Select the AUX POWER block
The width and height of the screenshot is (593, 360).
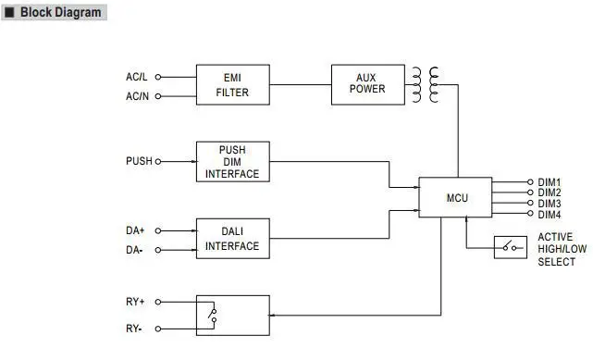[370, 83]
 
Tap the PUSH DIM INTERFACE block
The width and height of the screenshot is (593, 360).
[232, 161]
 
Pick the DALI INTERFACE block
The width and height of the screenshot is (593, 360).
[232, 239]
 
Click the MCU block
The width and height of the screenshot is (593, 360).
[455, 197]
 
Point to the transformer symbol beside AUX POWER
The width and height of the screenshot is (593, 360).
[426, 83]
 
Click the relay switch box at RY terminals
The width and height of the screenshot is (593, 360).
[232, 315]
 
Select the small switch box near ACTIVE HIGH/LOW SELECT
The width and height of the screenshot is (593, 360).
[510, 247]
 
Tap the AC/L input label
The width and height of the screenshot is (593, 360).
[137, 77]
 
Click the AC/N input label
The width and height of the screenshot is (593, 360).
[137, 95]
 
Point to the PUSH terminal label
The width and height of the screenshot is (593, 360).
[138, 161]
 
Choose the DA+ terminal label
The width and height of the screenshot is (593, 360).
[136, 230]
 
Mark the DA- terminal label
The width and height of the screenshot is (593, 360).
[135, 250]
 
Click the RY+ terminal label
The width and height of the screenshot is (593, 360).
[136, 302]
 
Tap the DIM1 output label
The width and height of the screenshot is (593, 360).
[550, 182]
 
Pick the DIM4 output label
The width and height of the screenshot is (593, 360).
[550, 214]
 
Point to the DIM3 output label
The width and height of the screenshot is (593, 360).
[550, 203]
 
